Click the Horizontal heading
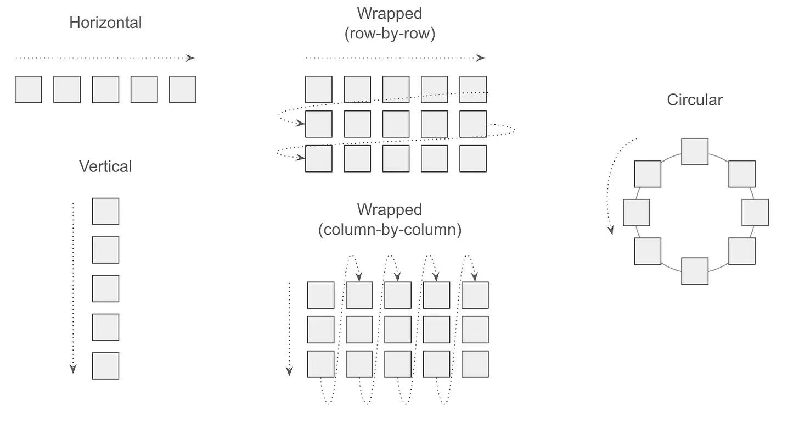[105, 23]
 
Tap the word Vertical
[105, 166]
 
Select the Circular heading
[695, 100]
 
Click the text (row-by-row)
[390, 34]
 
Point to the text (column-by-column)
[390, 230]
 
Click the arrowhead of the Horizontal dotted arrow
[191, 58]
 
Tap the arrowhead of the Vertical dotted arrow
[73, 369]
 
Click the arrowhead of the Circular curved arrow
[611, 230]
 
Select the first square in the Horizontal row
[29, 90]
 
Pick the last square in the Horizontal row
[183, 90]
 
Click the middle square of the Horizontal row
[105, 90]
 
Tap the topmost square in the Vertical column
[105, 212]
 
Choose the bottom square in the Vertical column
[105, 366]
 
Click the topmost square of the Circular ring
[695, 152]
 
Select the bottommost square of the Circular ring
[695, 271]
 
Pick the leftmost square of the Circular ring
[637, 213]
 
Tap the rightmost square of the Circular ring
[755, 213]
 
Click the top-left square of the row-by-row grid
[319, 90]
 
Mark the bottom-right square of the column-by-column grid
[475, 364]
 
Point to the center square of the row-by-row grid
[396, 124]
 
